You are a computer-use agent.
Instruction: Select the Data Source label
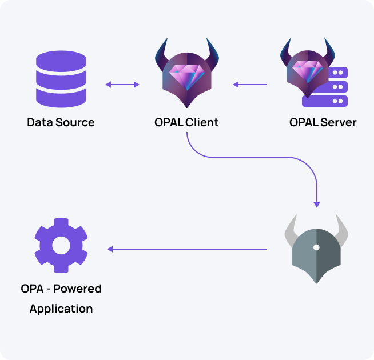point(61,122)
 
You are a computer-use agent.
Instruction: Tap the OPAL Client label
point(186,122)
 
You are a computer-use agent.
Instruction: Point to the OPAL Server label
point(323,122)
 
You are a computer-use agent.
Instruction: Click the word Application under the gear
point(61,309)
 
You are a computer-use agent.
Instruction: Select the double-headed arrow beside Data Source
point(122,85)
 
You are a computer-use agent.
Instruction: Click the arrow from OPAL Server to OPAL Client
point(250,85)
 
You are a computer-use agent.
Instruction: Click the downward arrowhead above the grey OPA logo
point(317,204)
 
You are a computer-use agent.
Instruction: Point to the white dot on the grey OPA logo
point(316,247)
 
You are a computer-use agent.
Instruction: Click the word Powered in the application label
point(77,289)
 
